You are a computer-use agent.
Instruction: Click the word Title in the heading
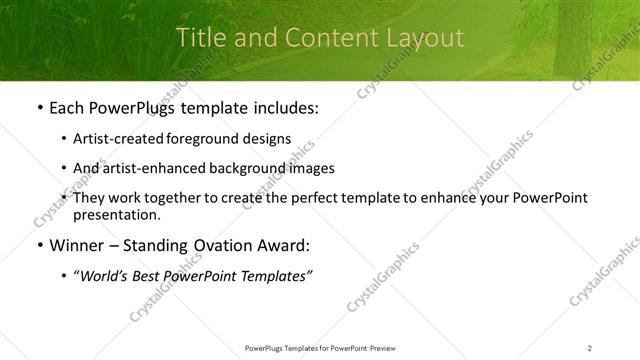[199, 37]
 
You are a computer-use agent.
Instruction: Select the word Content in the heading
[310, 37]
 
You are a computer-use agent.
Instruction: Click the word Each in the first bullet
[68, 108]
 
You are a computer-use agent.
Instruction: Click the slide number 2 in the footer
[590, 347]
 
